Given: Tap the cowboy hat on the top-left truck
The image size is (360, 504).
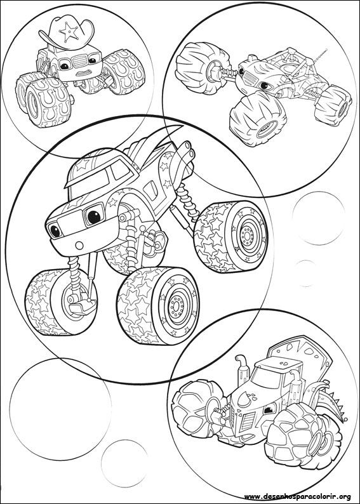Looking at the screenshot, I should (65, 31).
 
